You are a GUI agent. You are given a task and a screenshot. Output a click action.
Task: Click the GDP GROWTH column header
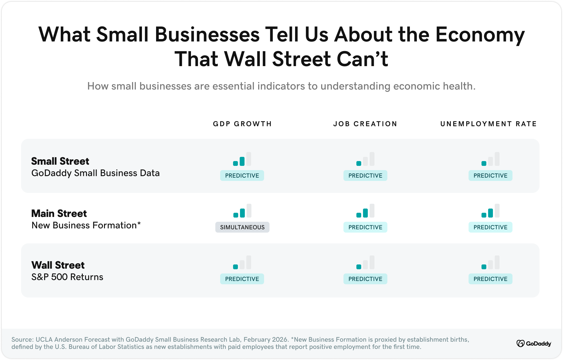(242, 124)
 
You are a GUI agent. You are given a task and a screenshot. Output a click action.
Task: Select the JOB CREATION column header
(365, 124)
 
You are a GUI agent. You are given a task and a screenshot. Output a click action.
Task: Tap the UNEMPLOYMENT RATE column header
(488, 124)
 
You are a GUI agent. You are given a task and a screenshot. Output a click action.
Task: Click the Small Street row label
(60, 161)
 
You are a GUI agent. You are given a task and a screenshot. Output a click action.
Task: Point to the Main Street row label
(59, 214)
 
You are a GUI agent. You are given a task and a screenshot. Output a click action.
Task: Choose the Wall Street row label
(58, 265)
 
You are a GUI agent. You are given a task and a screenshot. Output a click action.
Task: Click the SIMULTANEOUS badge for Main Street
(242, 227)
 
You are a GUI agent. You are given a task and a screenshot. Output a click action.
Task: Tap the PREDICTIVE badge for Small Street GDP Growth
(242, 176)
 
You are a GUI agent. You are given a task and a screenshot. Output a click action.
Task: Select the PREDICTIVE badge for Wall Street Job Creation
(365, 279)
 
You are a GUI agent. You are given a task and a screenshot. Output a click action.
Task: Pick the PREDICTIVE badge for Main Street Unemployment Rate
(490, 227)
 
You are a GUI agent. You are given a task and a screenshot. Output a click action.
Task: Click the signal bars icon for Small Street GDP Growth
(242, 159)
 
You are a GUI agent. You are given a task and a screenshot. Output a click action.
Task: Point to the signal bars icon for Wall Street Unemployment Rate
(490, 263)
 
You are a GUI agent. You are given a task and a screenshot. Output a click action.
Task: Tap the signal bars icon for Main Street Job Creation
(365, 211)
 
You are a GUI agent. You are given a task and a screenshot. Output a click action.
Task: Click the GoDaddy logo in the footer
(534, 343)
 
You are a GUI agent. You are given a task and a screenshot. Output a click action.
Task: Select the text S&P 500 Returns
(67, 277)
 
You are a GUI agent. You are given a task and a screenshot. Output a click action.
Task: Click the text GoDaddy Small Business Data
(95, 173)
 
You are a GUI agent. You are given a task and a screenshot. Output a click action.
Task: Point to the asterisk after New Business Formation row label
(139, 224)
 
